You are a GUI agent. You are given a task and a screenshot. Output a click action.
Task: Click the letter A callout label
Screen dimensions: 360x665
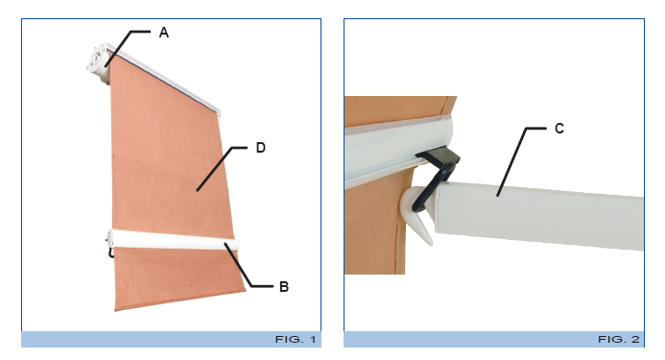tap(163, 33)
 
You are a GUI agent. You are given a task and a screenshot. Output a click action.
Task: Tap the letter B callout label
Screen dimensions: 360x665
tap(283, 286)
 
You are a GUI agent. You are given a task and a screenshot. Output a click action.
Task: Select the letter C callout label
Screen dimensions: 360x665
tap(558, 128)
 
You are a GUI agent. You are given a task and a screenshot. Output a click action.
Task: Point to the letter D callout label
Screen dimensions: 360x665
tap(260, 148)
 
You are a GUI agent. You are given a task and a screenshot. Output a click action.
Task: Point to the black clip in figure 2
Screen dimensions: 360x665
tap(440, 165)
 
